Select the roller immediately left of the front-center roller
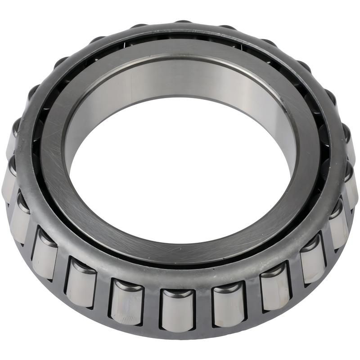pos(127,302)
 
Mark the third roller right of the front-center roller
pos(312,264)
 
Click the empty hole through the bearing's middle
pos(180,171)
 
